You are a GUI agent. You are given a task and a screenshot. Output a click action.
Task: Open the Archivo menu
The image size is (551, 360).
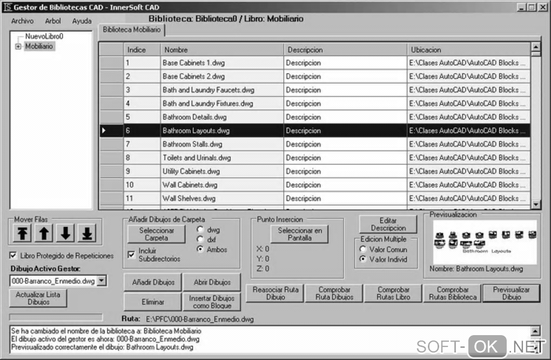[x=22, y=21]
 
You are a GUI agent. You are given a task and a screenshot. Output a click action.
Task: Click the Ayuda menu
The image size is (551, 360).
[x=82, y=21]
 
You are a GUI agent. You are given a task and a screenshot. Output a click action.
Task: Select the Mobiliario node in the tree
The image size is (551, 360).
[x=39, y=46]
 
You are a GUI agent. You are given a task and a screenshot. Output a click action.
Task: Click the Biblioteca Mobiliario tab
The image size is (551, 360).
[x=132, y=30]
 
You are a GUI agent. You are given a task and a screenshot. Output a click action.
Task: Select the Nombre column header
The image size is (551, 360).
[x=221, y=50]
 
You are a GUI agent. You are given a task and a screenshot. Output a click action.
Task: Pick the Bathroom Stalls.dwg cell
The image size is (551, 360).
[x=221, y=144]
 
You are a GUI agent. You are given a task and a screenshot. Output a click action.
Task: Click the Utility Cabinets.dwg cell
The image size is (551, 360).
[x=221, y=171]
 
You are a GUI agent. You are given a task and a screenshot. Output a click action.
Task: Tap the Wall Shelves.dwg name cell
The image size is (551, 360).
[x=221, y=198]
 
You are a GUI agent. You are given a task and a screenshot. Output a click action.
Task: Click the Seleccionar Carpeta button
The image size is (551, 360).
[x=157, y=234]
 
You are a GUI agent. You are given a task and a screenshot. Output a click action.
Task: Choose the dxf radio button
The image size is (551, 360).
[x=200, y=239]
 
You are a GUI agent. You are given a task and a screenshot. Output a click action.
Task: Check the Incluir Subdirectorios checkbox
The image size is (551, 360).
[x=131, y=255]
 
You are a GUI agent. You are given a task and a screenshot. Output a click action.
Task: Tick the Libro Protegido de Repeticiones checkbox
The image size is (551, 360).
[x=14, y=256]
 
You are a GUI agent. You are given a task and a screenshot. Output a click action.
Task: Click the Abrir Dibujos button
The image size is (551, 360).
[x=212, y=282]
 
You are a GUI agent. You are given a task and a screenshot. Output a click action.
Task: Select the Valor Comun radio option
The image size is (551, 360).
[x=362, y=250]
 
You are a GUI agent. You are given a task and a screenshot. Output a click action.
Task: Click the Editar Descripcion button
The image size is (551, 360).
[x=388, y=224]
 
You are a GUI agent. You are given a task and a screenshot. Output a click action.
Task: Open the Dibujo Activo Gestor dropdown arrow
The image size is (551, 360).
[x=102, y=281]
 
